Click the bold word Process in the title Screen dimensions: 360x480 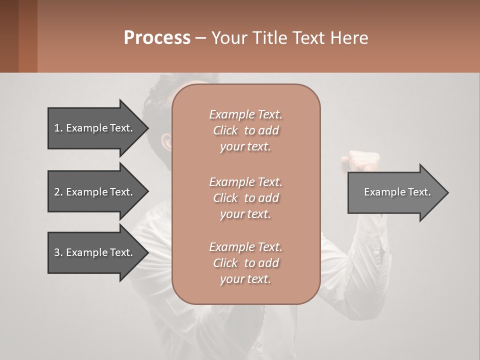tap(157, 38)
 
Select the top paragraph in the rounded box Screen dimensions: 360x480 tap(245, 130)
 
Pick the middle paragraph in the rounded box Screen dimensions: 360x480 tap(245, 197)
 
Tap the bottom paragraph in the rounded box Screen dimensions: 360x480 tap(245, 263)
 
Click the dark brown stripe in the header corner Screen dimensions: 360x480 tap(9, 36)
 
